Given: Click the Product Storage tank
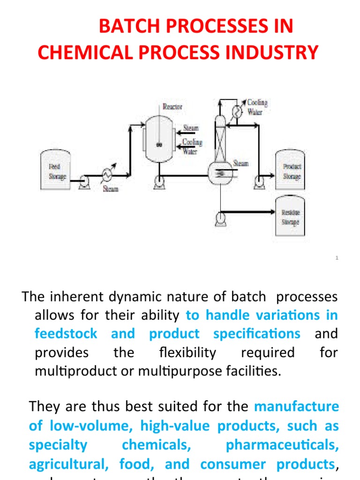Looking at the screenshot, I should [290, 171].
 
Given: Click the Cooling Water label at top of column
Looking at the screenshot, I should [257, 107].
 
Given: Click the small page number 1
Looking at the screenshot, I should [337, 258].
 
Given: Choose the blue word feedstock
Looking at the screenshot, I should [66, 333].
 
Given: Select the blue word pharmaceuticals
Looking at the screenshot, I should [282, 444].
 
